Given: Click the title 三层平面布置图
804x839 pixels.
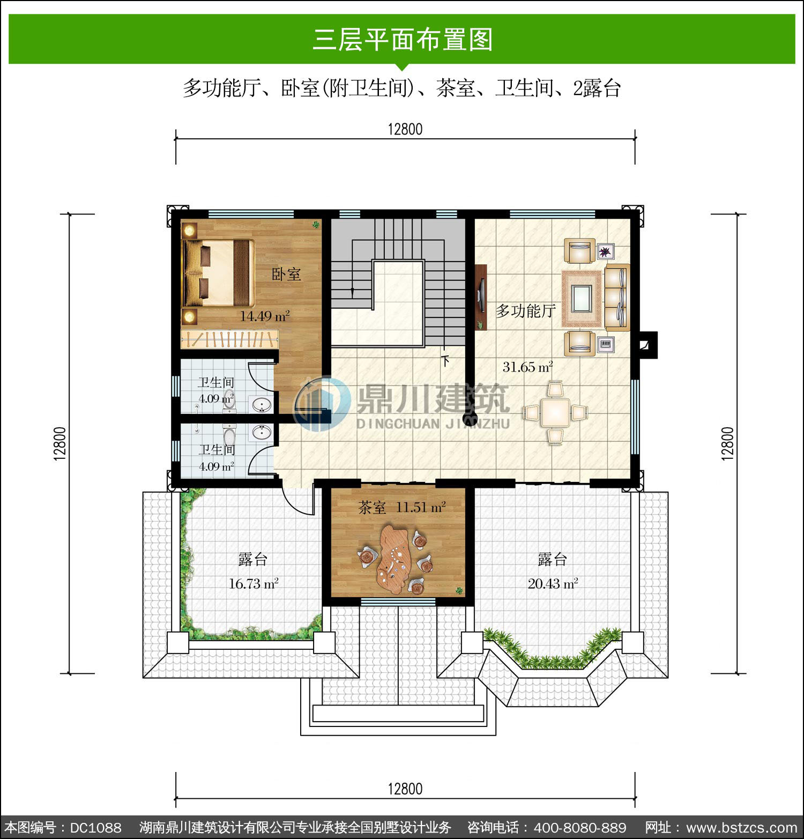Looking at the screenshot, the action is tap(403, 40).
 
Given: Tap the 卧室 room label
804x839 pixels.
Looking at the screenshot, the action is tap(286, 274).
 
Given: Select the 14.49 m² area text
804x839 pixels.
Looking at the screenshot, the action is tap(265, 316).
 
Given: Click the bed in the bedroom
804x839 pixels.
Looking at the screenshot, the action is tap(218, 273).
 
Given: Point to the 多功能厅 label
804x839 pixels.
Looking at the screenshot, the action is tap(525, 310).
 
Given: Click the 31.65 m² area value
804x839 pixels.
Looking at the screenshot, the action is tap(527, 367).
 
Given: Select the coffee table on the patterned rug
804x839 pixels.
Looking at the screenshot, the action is tap(582, 298).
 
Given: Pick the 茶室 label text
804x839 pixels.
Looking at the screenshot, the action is tap(372, 507).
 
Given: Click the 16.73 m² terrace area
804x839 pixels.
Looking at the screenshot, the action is tap(254, 584).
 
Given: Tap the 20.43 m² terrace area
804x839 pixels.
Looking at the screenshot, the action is tap(553, 584).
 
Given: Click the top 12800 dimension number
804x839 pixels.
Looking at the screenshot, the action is tap(405, 129).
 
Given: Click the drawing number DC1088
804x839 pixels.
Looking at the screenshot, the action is tap(96, 827).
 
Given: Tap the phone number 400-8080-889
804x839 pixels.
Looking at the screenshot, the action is tap(580, 827).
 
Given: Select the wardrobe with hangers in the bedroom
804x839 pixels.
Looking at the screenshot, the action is tap(230, 339).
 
